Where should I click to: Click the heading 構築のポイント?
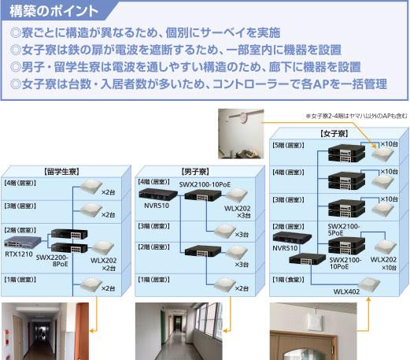[x=54, y=11]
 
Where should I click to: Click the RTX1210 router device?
[x=23, y=242]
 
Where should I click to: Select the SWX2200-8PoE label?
[x=52, y=261]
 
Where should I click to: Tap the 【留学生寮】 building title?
[x=62, y=172]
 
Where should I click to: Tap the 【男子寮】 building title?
[x=195, y=172]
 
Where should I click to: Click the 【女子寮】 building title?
[x=334, y=134]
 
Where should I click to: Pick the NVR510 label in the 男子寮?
[x=157, y=206]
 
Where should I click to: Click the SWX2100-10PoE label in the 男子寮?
[x=205, y=184]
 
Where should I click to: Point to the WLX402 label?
[x=346, y=291]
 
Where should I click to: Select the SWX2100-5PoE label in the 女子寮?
[x=344, y=229]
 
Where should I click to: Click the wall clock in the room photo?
[x=243, y=117]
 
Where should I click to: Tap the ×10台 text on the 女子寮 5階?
[x=390, y=144]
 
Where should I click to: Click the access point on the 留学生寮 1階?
[x=90, y=284]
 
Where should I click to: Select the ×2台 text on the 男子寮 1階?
[x=242, y=288]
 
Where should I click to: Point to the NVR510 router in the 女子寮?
[x=292, y=237]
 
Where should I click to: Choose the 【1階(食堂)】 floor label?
[x=288, y=280]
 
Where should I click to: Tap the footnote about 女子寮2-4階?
[x=356, y=116]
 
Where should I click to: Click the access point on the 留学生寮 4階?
[x=90, y=187]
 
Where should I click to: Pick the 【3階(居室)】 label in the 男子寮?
[x=154, y=226]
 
